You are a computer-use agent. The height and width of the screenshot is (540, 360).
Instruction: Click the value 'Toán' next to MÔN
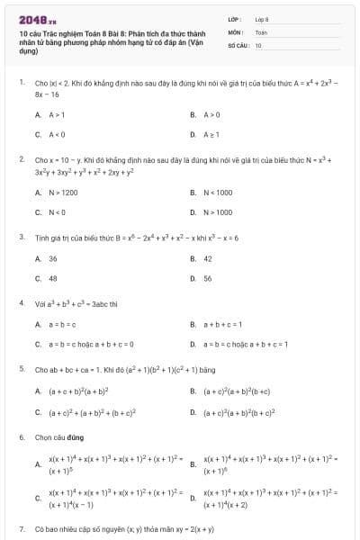click(261, 31)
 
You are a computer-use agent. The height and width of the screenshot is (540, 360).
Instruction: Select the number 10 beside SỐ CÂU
click(258, 44)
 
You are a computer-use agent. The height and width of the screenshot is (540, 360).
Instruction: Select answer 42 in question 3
click(208, 258)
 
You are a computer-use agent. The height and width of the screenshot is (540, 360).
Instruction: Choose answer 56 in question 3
click(208, 278)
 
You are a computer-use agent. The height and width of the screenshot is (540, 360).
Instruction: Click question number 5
click(21, 369)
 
